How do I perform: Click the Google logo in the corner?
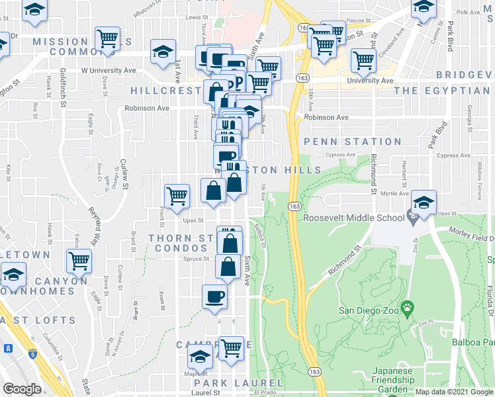click(22, 388)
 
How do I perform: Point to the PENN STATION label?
click(353, 142)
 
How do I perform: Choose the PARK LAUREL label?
click(230, 383)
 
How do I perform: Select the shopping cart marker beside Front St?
click(176, 196)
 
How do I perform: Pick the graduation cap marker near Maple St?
click(200, 357)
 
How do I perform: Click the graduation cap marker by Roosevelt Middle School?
click(423, 202)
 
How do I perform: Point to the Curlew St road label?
click(124, 173)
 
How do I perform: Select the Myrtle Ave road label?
click(406, 194)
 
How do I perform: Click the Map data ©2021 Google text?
click(453, 392)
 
